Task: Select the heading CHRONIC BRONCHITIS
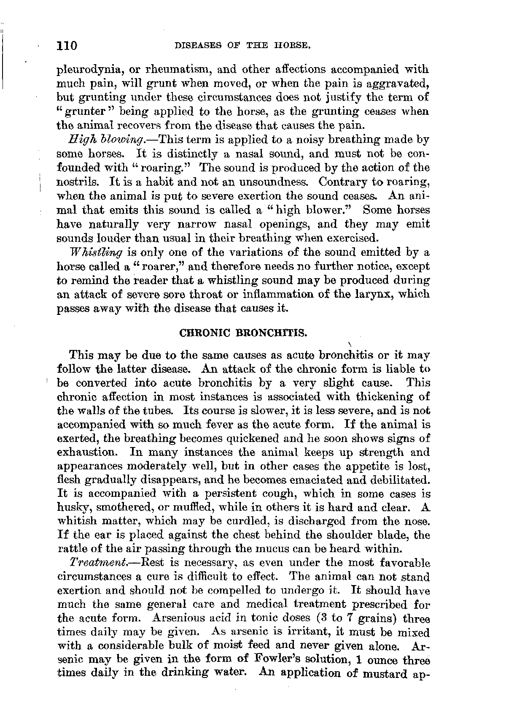pyautogui.click(x=243, y=333)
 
